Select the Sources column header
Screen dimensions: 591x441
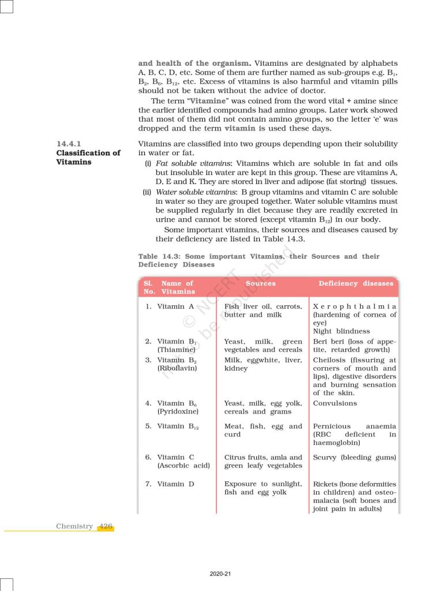260,283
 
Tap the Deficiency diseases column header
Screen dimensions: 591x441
356,283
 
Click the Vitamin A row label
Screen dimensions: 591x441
171,306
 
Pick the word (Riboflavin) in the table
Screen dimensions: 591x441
177,368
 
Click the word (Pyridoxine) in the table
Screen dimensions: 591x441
178,412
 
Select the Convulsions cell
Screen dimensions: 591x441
335,403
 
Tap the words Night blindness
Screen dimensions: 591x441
341,331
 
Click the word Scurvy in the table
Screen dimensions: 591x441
324,457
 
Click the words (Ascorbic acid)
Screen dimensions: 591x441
184,466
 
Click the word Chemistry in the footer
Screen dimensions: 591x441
74,526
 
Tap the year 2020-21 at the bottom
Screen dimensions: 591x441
220,574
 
